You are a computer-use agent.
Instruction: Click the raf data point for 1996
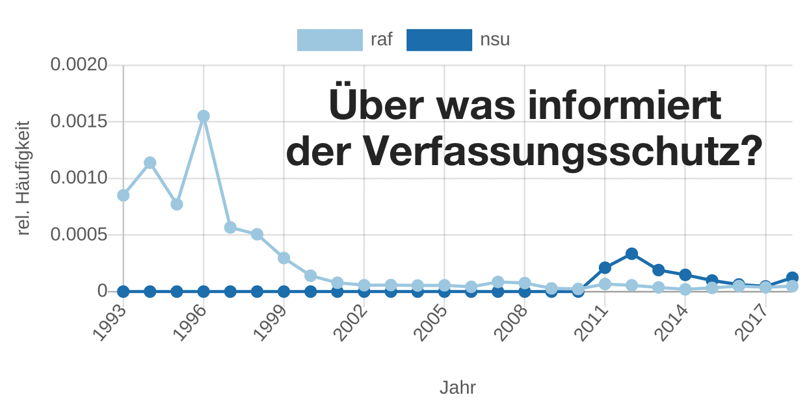click(x=204, y=116)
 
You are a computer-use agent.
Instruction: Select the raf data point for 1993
click(x=124, y=195)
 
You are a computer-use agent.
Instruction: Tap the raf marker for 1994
click(x=150, y=163)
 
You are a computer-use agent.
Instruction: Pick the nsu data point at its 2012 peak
click(x=631, y=254)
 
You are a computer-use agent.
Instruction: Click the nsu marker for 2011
click(x=605, y=267)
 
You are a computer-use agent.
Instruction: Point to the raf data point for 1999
click(x=284, y=258)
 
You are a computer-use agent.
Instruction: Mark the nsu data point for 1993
click(x=124, y=291)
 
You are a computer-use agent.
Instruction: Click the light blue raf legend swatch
click(x=330, y=40)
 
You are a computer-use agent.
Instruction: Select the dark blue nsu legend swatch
click(x=439, y=40)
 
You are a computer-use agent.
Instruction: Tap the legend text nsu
click(x=495, y=40)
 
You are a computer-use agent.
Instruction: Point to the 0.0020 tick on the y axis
click(x=79, y=65)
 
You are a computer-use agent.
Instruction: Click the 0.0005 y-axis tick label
click(x=79, y=235)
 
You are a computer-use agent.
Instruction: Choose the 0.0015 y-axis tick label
click(x=79, y=122)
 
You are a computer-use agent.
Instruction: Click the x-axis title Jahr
click(x=458, y=388)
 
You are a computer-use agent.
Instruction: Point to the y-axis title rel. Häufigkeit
click(x=24, y=178)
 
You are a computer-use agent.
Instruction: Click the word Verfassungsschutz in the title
click(x=562, y=152)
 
